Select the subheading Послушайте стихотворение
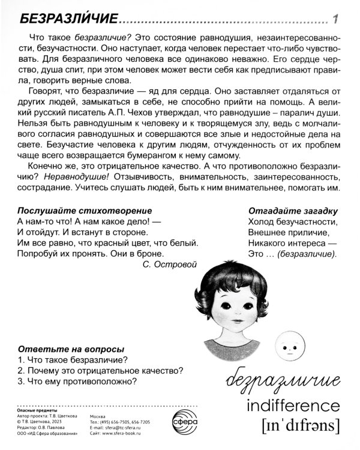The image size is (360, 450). [84, 211]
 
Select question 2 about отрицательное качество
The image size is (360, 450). [100, 370]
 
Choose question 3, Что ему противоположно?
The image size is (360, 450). [78, 381]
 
